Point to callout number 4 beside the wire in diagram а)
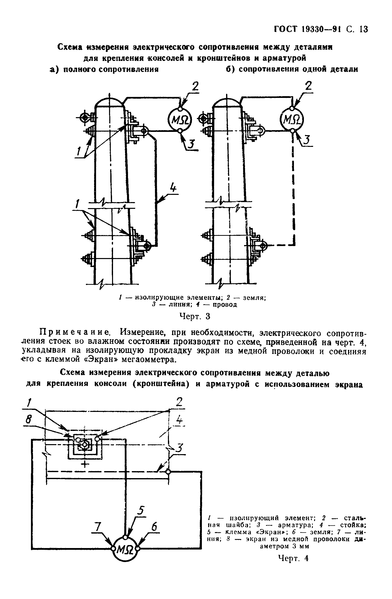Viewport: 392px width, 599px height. (x=173, y=188)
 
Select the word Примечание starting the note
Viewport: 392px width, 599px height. (x=74, y=333)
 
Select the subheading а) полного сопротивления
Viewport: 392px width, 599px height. (x=104, y=69)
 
